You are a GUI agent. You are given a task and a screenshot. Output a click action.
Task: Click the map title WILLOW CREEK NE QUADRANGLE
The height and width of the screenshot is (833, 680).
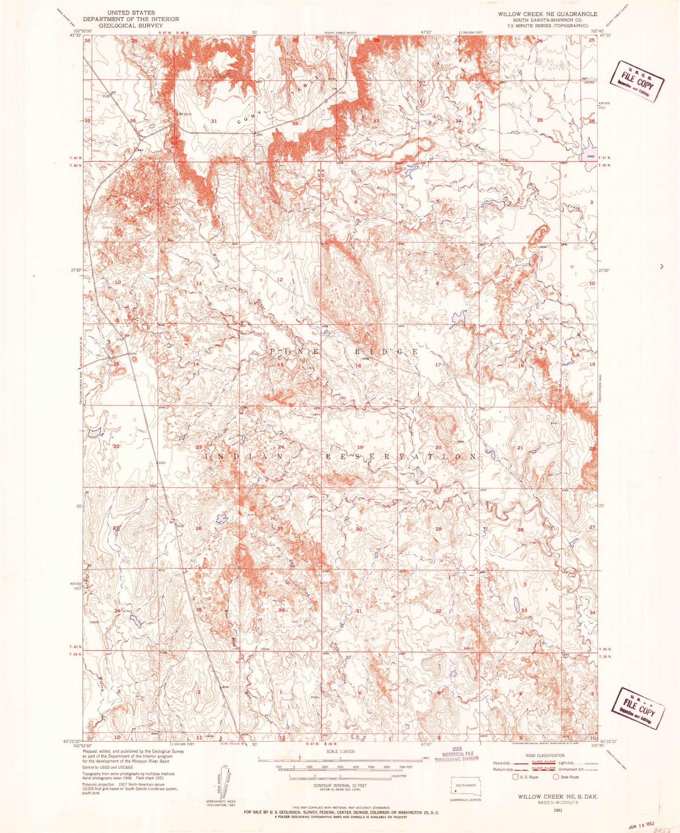tap(548, 14)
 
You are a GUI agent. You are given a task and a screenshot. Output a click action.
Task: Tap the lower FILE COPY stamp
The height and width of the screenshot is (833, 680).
tap(638, 708)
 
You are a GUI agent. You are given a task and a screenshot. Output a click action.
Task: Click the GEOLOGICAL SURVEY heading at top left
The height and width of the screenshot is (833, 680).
tap(131, 25)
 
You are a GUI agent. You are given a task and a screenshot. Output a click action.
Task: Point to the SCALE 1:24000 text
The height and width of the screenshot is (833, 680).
tap(339, 752)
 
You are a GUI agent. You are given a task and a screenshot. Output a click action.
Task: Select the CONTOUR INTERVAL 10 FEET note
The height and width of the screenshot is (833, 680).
tap(339, 786)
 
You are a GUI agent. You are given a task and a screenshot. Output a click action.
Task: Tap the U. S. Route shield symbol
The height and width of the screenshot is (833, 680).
tap(516, 777)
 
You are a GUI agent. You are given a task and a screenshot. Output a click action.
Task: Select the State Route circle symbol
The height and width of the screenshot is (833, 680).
tap(556, 777)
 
